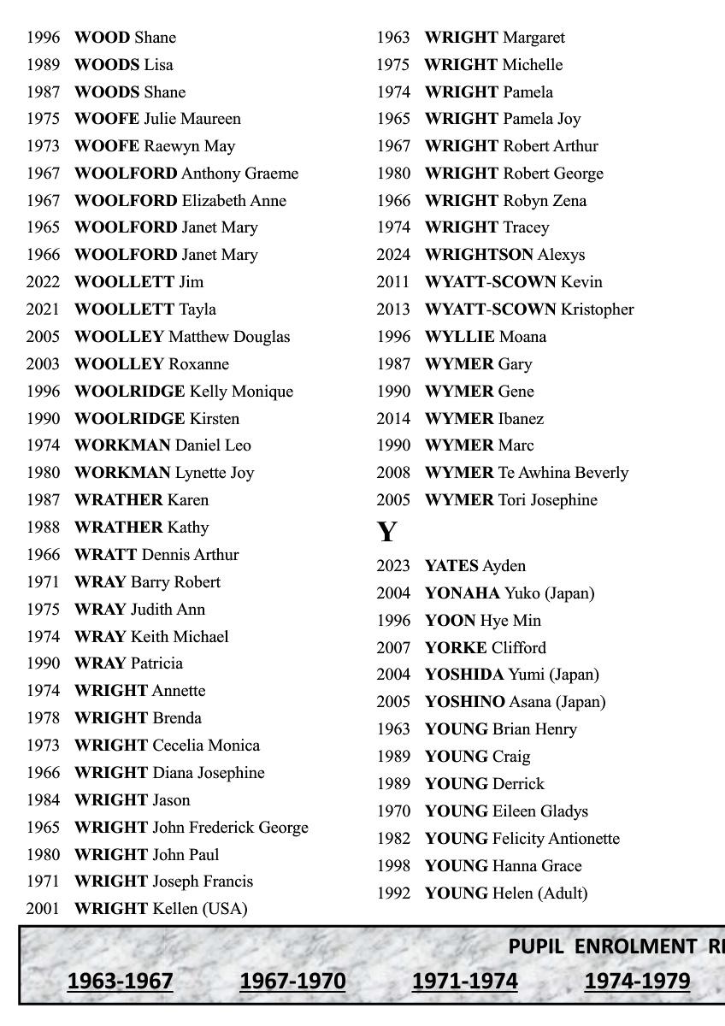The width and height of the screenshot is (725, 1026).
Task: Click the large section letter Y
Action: pos(386,532)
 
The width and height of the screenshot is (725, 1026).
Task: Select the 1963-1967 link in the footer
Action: pos(120,981)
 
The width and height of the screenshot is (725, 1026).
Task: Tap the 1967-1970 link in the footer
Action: pos(292,981)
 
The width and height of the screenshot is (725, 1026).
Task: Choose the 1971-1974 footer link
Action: pos(464,981)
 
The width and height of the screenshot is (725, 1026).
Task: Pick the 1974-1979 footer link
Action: pos(637,981)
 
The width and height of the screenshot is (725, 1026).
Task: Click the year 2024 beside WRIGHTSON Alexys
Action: pos(393,255)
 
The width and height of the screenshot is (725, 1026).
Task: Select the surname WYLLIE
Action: pos(459,337)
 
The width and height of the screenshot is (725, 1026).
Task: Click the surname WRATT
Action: pos(105,555)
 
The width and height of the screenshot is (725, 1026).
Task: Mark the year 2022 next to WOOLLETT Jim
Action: pos(43,282)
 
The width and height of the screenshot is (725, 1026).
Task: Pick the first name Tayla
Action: pos(197,310)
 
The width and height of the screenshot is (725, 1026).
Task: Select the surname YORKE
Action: pos(456,648)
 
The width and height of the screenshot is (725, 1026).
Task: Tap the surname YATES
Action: pos(451,566)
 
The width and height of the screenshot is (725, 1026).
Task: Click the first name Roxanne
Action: pos(198,364)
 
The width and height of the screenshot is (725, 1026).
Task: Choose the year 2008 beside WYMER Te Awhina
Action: pos(393,473)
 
